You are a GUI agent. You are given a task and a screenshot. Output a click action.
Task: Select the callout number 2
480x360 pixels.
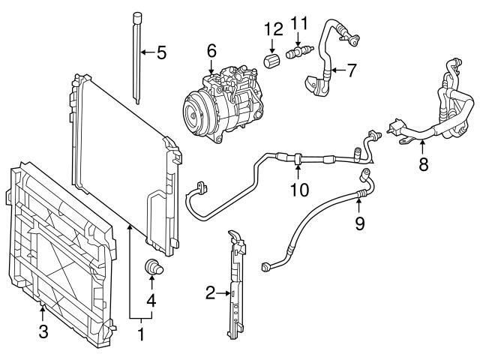click(x=211, y=292)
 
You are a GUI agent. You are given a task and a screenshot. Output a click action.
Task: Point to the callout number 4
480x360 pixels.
click(x=152, y=301)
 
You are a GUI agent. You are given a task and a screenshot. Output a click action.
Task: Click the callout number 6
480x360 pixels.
click(x=211, y=51)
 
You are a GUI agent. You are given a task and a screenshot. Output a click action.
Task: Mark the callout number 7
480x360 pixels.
click(x=351, y=71)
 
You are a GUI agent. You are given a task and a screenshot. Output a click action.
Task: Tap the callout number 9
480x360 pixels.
click(x=360, y=223)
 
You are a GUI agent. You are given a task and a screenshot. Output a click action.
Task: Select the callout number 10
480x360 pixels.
click(x=298, y=190)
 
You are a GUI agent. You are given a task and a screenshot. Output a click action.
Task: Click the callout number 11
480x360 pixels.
click(x=299, y=22)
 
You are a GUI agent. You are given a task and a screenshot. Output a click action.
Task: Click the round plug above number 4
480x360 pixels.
click(x=152, y=267)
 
